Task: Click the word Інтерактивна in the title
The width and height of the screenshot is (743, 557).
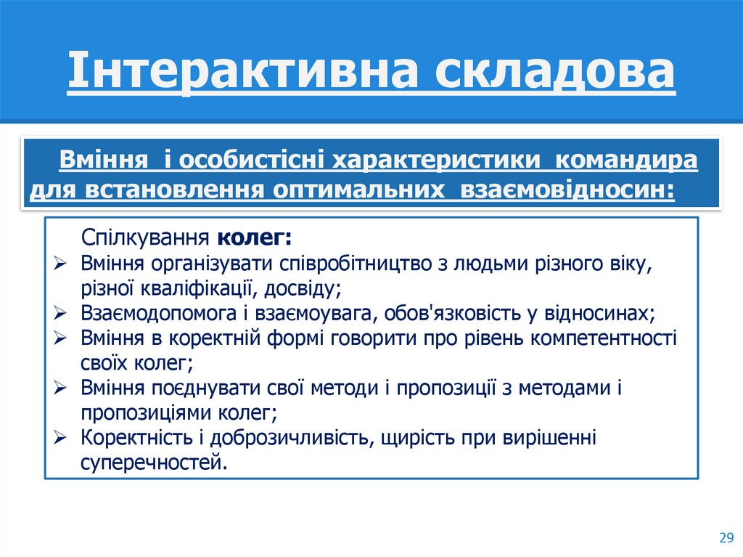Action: click(x=245, y=73)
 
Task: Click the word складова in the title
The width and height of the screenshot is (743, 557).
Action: click(x=554, y=73)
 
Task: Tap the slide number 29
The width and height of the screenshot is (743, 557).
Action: click(x=726, y=537)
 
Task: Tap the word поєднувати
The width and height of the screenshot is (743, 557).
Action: click(x=192, y=389)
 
